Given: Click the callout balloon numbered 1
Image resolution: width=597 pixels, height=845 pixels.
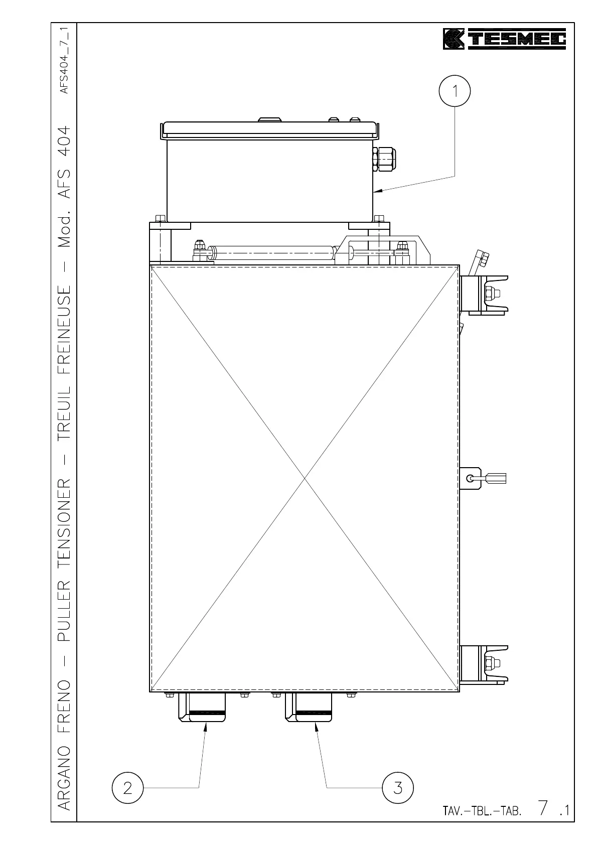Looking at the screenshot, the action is point(455,91).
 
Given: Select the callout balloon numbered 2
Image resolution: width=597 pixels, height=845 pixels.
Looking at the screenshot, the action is point(127,788).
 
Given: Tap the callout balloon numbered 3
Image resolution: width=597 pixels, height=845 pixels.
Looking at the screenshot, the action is point(397,788).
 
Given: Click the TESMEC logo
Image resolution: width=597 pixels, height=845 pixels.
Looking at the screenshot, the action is point(504,39).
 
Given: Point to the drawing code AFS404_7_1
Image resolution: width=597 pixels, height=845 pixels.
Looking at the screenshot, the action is point(65,60).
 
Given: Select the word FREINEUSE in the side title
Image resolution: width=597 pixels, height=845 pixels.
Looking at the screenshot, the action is point(64,330).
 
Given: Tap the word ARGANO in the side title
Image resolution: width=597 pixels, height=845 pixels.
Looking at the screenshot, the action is point(64,778).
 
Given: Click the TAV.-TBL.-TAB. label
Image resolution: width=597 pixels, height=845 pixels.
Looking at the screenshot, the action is point(482,811).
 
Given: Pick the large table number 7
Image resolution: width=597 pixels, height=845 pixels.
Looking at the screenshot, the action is point(543,808).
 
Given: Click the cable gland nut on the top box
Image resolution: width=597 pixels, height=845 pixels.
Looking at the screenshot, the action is point(384,159).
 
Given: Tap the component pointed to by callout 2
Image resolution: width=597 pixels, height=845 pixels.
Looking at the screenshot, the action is point(202,708).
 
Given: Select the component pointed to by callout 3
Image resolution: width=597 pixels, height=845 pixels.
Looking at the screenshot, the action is point(309,708).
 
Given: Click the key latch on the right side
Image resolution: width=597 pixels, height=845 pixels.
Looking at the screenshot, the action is point(483,478).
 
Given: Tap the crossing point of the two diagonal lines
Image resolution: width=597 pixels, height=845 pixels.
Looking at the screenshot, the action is point(305,478).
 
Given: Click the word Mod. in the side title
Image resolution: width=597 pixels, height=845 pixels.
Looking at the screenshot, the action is point(64,231).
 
